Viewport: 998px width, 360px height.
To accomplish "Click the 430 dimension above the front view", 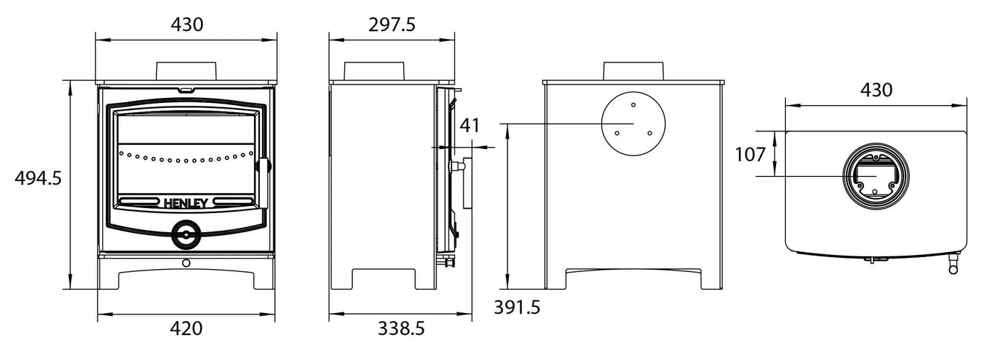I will click(187, 24).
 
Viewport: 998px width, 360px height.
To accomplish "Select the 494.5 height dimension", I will click(38, 178).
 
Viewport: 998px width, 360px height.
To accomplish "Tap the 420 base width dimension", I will click(187, 329).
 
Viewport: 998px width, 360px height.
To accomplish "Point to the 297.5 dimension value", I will click(392, 24).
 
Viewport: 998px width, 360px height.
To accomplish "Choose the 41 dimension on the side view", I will click(470, 126).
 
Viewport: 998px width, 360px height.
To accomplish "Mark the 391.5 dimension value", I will click(517, 307).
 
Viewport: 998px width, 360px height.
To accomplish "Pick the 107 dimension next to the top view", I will click(750, 154).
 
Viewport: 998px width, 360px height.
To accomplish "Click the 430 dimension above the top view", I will click(876, 90).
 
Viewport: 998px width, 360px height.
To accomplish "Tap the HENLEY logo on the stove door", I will click(186, 202).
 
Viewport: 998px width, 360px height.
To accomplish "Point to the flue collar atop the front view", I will click(186, 70).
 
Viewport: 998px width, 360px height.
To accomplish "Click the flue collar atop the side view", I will click(375, 71).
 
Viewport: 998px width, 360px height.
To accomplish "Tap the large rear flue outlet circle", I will click(634, 123).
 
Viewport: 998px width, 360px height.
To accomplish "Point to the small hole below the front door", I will click(186, 263).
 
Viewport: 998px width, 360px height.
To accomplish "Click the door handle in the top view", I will click(951, 265).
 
